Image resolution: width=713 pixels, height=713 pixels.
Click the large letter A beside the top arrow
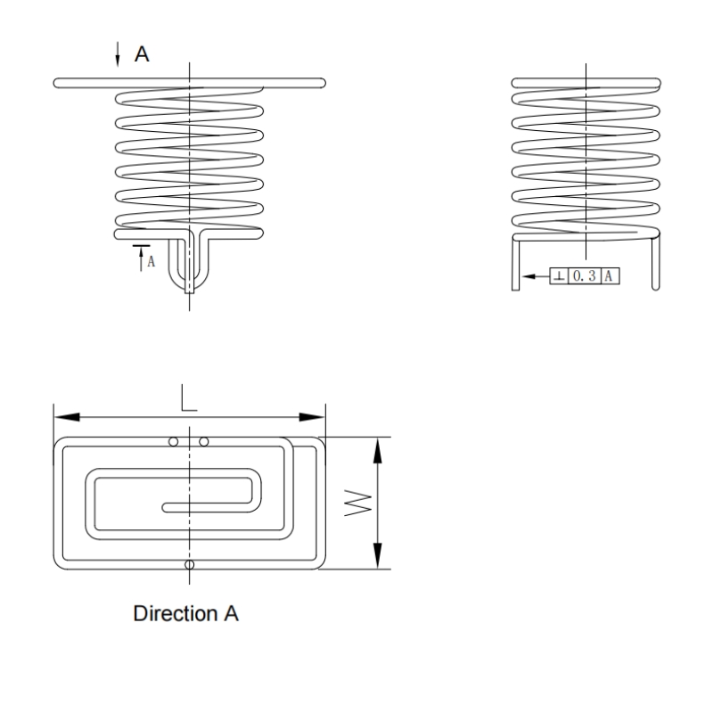142,55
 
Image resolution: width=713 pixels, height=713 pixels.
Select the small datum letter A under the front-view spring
151,261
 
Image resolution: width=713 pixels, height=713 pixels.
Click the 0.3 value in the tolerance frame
583,277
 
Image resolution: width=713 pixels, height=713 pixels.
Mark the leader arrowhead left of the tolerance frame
529,277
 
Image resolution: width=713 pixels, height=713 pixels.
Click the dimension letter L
188,398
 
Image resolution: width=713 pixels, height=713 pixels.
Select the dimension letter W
355,504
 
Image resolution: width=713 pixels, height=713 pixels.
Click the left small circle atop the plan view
174,442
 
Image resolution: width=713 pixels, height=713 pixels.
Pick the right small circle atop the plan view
204,442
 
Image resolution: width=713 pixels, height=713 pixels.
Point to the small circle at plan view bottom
188,565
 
